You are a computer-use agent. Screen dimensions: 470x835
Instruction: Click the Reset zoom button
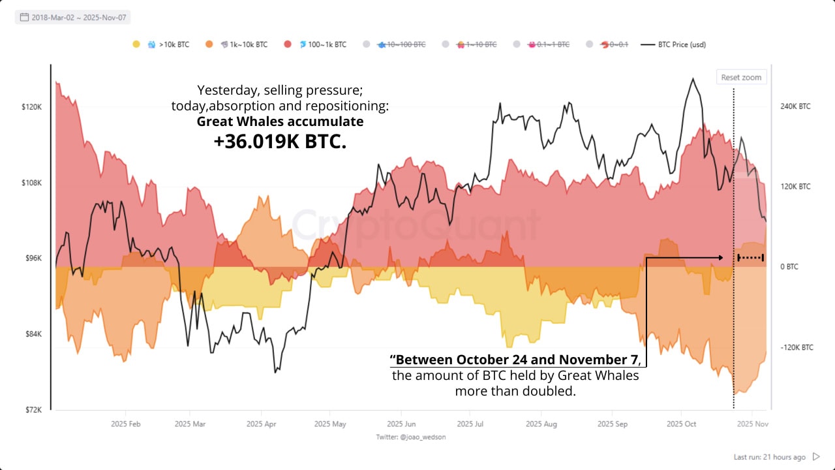coord(741,77)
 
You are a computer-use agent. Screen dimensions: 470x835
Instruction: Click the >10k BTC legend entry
coord(168,44)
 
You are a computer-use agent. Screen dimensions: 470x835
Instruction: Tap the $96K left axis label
coord(33,258)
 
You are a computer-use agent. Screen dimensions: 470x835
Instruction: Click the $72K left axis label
coord(33,410)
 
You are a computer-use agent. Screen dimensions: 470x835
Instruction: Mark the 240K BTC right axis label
coord(795,106)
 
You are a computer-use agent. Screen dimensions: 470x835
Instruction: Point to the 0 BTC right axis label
coord(789,267)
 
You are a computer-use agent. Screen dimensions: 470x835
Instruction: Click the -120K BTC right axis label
coord(797,347)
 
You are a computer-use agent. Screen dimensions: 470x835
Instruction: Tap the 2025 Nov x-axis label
coord(752,424)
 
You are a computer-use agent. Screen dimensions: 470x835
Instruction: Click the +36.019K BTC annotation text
coord(280,141)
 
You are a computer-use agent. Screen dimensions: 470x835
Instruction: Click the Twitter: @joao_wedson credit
coord(411,437)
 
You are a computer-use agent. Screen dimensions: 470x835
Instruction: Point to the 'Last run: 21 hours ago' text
coord(769,457)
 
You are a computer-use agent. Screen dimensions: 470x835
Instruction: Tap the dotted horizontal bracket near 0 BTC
coord(750,258)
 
